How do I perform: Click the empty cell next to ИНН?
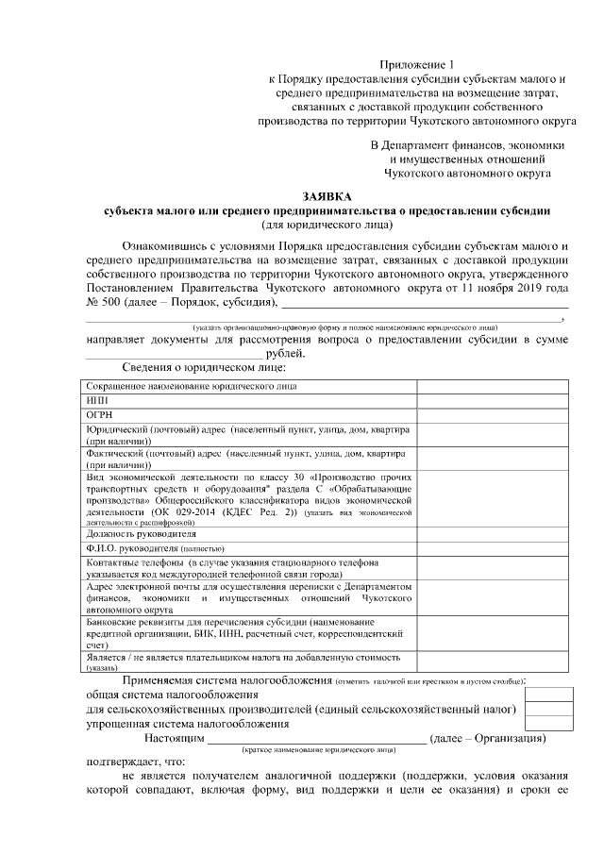(492, 400)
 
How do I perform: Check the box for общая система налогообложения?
(548, 695)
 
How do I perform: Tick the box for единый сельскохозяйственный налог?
(548, 709)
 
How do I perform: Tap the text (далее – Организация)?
(487, 737)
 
